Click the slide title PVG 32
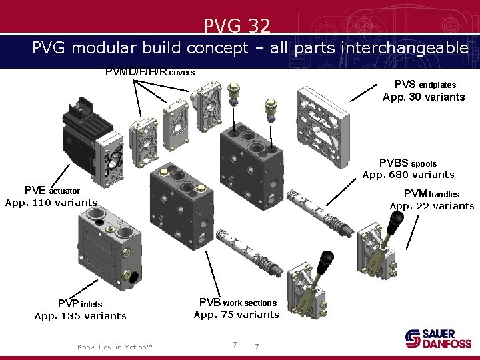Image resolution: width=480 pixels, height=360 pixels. tap(237, 26)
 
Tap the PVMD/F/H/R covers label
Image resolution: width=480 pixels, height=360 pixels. tap(150, 71)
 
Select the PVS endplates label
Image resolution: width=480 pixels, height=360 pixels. tap(425, 85)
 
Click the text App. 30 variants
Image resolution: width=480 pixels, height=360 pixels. tap(423, 97)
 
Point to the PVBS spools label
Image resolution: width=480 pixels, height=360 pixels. tap(408, 163)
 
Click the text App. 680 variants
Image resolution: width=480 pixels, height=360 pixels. tap(408, 175)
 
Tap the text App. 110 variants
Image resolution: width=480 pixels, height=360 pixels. tap(51, 202)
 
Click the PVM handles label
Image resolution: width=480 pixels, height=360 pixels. tap(432, 193)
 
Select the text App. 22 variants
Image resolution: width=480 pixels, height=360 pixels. tap(432, 205)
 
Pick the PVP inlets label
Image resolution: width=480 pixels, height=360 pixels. tap(80, 304)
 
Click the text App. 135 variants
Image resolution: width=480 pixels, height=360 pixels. tap(80, 316)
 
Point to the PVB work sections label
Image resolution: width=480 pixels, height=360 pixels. tap(237, 303)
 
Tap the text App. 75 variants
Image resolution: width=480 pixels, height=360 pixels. tap(236, 315)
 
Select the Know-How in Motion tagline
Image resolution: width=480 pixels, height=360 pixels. tap(115, 347)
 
